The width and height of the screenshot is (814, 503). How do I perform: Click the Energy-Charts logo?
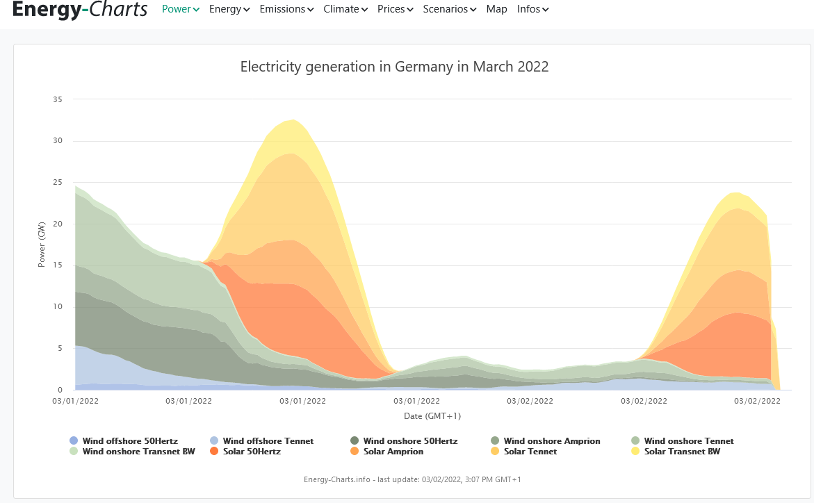[80, 9]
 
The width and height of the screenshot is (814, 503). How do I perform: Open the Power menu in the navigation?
[180, 9]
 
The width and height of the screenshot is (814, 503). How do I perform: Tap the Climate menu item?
[345, 9]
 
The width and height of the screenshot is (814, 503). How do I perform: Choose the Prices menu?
[395, 9]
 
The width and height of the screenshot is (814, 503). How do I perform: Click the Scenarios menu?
[450, 9]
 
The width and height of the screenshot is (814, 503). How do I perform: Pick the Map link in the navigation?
[496, 9]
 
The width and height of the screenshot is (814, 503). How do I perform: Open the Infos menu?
[532, 9]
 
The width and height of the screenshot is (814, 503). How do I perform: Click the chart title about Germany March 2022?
[394, 67]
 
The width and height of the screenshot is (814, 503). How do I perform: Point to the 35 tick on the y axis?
[58, 99]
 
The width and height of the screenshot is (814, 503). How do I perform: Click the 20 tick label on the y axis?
[58, 224]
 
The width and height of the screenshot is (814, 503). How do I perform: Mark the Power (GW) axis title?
[42, 245]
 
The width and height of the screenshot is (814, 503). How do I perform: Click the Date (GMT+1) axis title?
[432, 416]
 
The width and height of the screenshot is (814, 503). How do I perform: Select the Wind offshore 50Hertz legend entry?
[124, 441]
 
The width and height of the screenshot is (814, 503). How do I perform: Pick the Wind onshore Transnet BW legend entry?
[132, 452]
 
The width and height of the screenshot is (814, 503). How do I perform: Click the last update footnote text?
[412, 479]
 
